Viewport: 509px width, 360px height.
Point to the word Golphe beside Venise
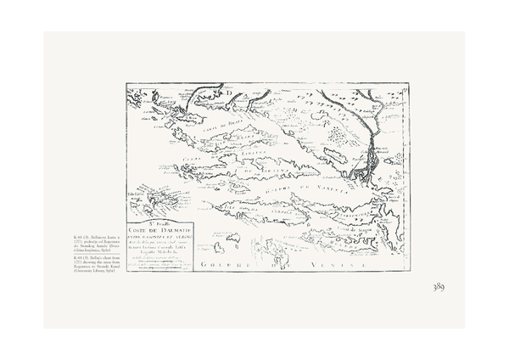(x=229, y=267)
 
